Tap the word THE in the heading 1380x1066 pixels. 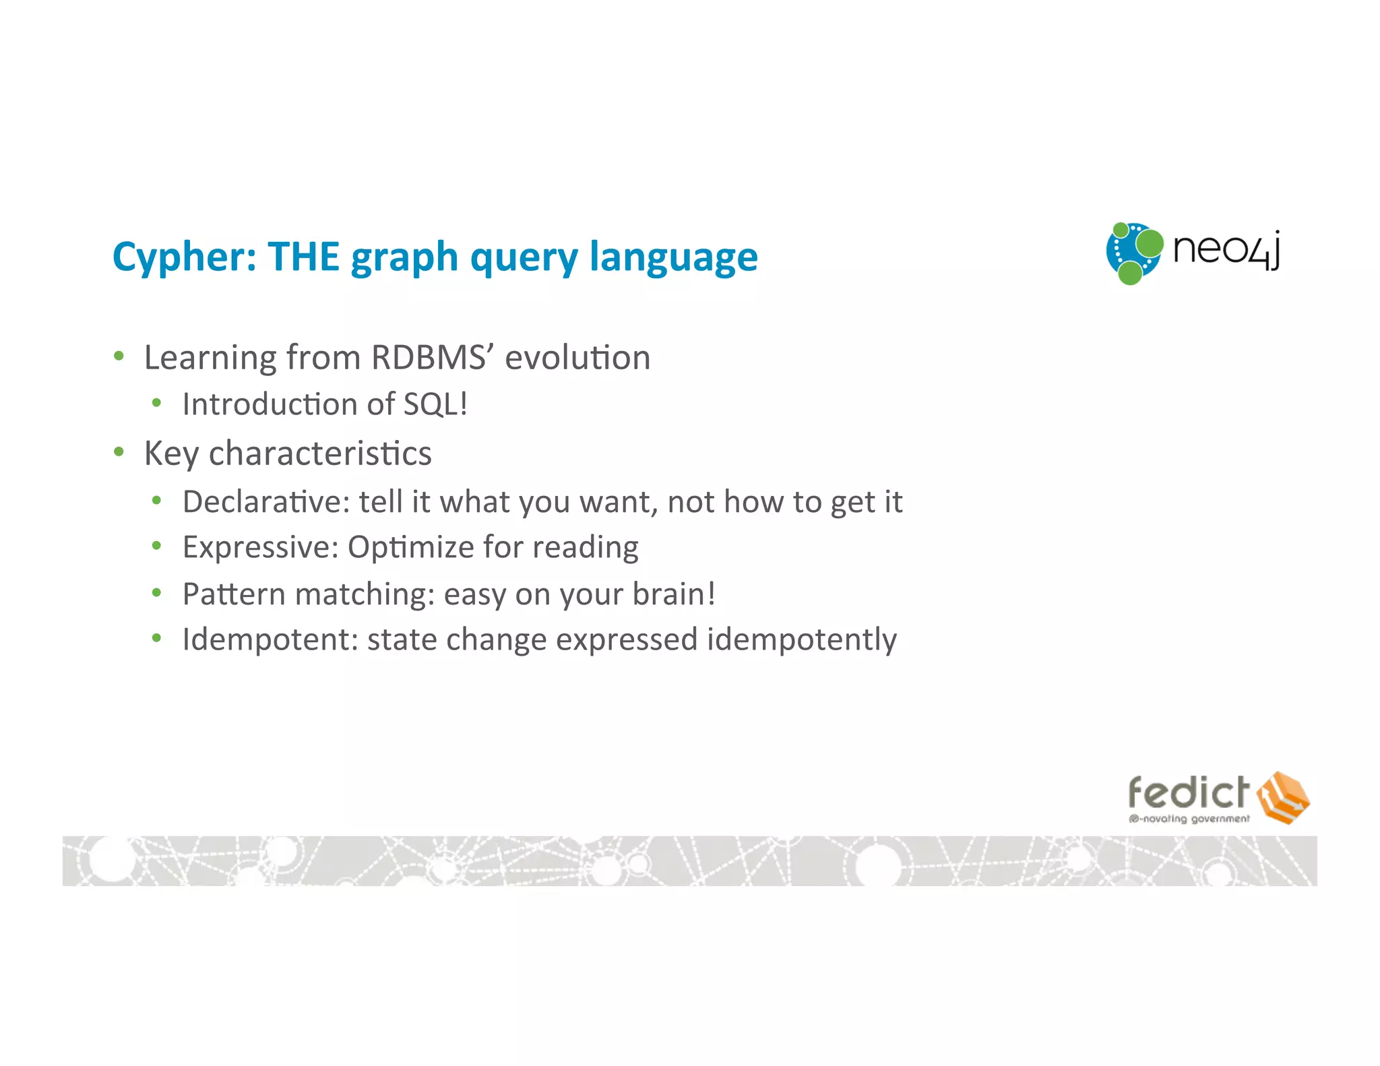point(303,257)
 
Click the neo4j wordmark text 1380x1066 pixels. point(1226,251)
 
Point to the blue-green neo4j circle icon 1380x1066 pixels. point(1134,253)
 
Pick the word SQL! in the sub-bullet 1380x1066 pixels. point(435,404)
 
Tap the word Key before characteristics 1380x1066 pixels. point(171,453)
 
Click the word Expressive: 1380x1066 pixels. point(260,547)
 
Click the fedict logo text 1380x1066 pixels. point(1188,792)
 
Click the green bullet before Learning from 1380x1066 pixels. point(119,356)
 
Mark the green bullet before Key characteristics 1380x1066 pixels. point(119,451)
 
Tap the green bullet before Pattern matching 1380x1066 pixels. point(157,593)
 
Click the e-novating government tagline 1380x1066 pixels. point(1189,819)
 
